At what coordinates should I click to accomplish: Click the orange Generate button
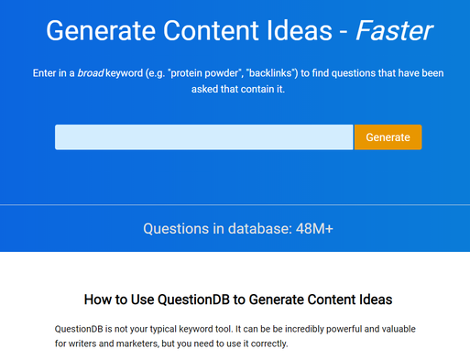click(388, 137)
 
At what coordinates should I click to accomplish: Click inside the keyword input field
click(203, 137)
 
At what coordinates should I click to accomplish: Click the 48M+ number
click(314, 228)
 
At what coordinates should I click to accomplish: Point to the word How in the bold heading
click(98, 299)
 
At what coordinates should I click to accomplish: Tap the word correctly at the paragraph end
click(267, 344)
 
